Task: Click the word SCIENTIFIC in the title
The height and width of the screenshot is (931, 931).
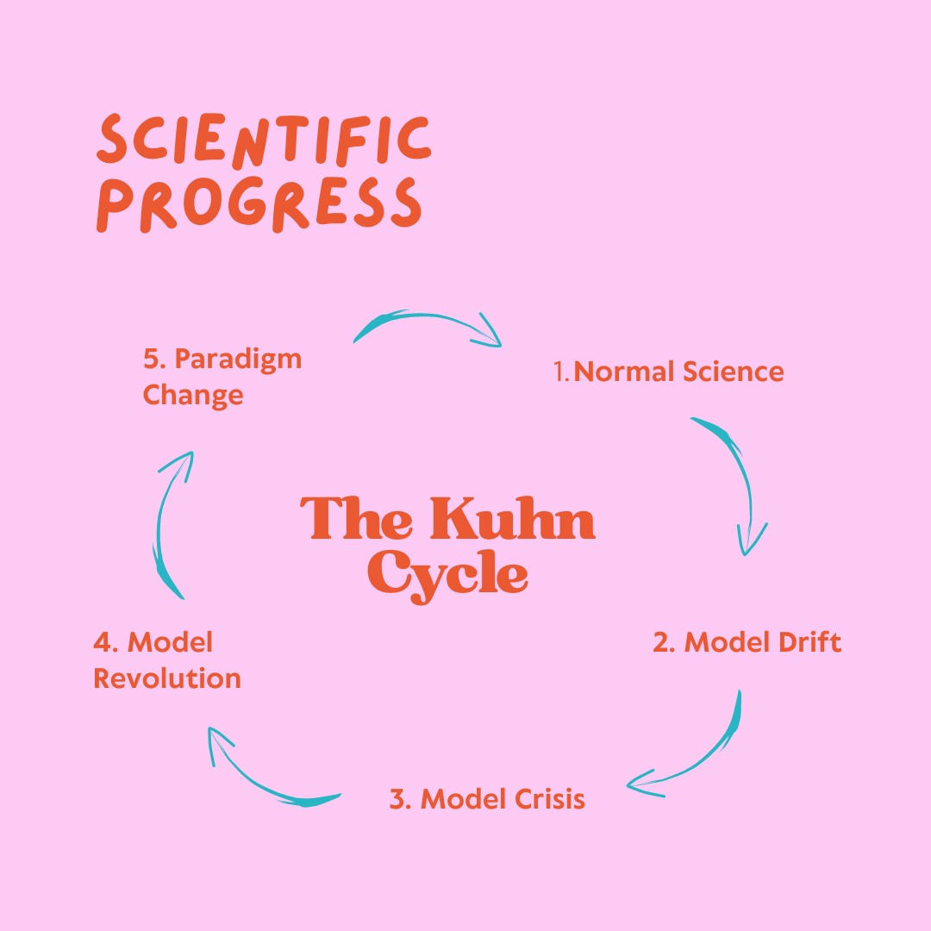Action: (263, 139)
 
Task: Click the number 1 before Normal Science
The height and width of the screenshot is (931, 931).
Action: (559, 372)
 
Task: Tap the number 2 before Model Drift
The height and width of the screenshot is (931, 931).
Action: (662, 642)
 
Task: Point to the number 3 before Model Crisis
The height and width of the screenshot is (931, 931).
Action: (398, 799)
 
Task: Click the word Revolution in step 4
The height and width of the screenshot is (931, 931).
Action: (167, 678)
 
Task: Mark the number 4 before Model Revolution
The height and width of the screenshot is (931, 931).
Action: (102, 642)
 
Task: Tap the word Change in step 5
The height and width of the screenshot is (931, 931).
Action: (193, 396)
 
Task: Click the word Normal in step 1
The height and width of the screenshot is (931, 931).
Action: (624, 372)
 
